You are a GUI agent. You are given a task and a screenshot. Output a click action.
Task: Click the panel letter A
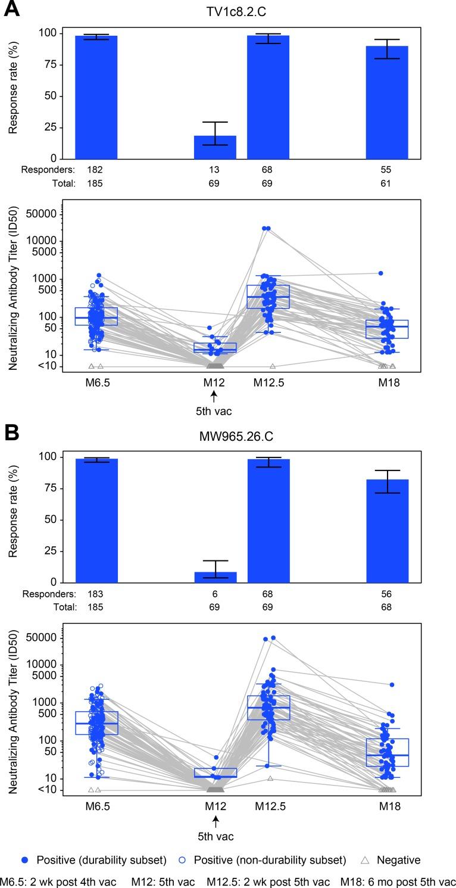pyautogui.click(x=12, y=10)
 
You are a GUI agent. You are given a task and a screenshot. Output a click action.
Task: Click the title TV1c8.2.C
pyautogui.click(x=236, y=10)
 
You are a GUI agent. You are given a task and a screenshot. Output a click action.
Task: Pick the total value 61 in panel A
pyautogui.click(x=386, y=183)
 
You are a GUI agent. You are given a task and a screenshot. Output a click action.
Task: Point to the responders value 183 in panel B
pyautogui.click(x=95, y=594)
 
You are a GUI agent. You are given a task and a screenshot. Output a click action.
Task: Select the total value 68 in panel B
pyautogui.click(x=386, y=607)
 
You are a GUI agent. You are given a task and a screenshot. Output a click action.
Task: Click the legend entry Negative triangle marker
pyautogui.click(x=366, y=859)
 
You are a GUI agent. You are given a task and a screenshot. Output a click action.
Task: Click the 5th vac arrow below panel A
pyautogui.click(x=214, y=395)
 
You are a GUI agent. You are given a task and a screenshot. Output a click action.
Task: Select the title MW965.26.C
pyautogui.click(x=236, y=437)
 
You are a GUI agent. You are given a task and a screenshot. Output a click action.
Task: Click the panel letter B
pyautogui.click(x=12, y=433)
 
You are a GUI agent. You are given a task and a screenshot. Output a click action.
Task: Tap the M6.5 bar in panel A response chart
pyautogui.click(x=96, y=97)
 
